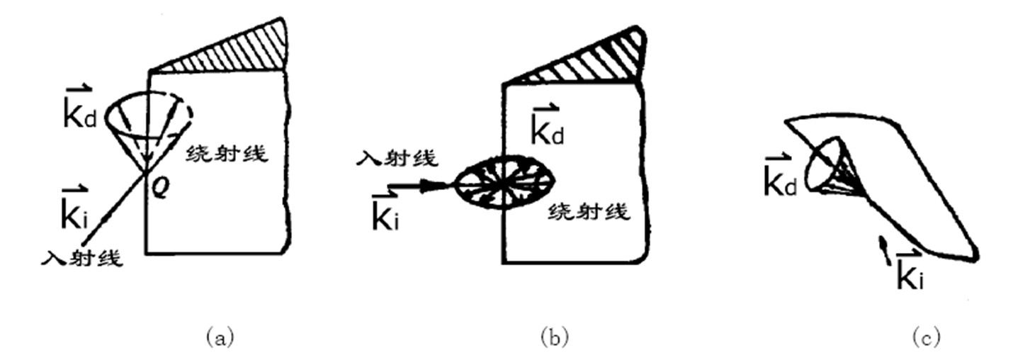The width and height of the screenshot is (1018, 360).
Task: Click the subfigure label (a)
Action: coord(219,337)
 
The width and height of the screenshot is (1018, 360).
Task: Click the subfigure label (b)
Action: coord(554,337)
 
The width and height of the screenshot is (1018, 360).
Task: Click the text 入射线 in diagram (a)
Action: coord(81,259)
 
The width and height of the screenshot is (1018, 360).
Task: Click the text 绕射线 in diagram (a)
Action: coord(227,154)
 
